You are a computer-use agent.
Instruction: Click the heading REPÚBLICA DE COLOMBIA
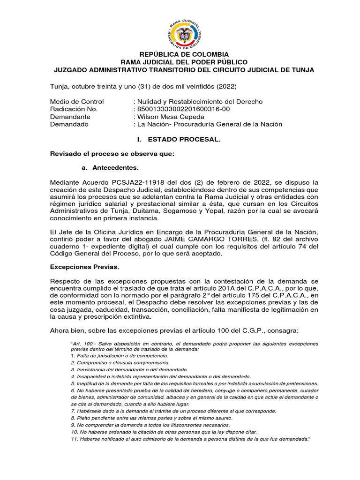click(x=182, y=54)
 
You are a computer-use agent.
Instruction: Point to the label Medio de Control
click(x=77, y=102)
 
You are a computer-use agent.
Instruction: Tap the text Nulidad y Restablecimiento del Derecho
click(x=200, y=102)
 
